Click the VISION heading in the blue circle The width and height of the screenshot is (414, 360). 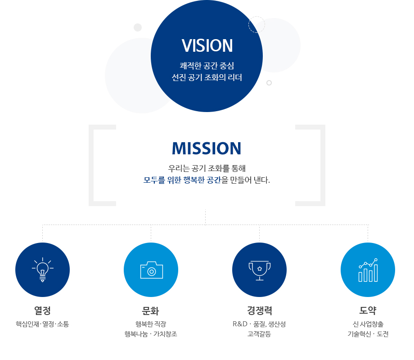[207, 46]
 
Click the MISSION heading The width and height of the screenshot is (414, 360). [207, 148]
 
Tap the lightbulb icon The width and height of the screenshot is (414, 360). [42, 270]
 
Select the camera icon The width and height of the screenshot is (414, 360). [152, 270]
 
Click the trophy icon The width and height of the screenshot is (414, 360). [260, 270]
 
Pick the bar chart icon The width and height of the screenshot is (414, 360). [368, 270]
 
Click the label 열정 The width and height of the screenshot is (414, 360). [42, 310]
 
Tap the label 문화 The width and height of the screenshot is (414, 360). [151, 310]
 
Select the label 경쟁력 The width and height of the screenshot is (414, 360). [260, 310]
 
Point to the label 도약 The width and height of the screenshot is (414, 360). [368, 310]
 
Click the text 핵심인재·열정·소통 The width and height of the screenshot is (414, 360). [42, 324]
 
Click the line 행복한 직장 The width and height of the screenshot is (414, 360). [151, 324]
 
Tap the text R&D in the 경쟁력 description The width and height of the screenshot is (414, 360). [240, 324]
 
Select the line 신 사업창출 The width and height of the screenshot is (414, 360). [368, 324]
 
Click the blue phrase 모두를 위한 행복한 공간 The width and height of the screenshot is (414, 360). [182, 180]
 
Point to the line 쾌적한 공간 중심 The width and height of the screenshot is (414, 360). [207, 66]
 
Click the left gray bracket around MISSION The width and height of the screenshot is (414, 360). [91, 165]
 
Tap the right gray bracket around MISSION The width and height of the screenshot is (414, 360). [323, 165]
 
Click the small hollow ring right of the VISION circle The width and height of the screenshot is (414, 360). [269, 83]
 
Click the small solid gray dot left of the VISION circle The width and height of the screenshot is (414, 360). [138, 27]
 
